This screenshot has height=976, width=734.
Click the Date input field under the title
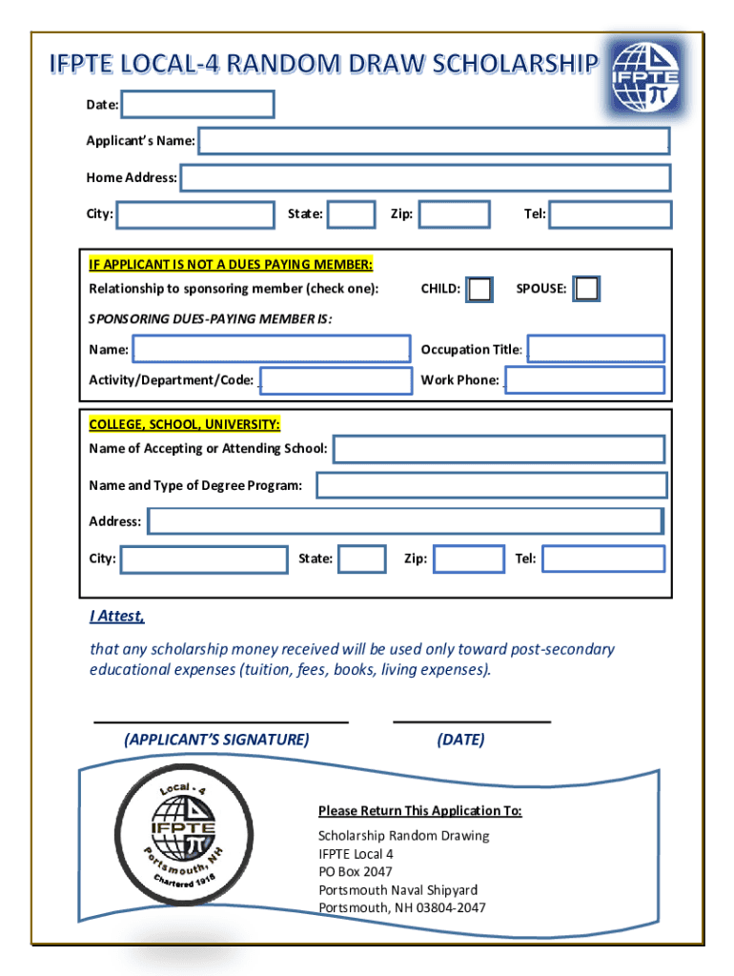(197, 104)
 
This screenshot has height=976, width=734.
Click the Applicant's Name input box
(434, 141)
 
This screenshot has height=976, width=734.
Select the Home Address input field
(425, 177)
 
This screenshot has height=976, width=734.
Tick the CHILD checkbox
(480, 289)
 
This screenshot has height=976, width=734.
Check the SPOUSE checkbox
(587, 289)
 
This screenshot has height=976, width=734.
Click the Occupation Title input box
(596, 349)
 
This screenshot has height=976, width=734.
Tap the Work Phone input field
(584, 379)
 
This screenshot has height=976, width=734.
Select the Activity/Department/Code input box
(336, 380)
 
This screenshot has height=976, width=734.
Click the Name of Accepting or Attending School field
(499, 449)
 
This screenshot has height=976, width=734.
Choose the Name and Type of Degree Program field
(491, 486)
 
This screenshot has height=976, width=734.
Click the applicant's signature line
(221, 722)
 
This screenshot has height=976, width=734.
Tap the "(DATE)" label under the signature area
(460, 740)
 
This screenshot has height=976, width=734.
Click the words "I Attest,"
(116, 616)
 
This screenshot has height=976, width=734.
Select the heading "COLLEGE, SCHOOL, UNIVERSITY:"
(184, 424)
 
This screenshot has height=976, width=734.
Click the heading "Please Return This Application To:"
(419, 811)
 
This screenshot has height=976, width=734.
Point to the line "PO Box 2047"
(355, 871)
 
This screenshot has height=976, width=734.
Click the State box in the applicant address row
(351, 214)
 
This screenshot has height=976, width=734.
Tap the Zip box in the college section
(468, 559)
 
